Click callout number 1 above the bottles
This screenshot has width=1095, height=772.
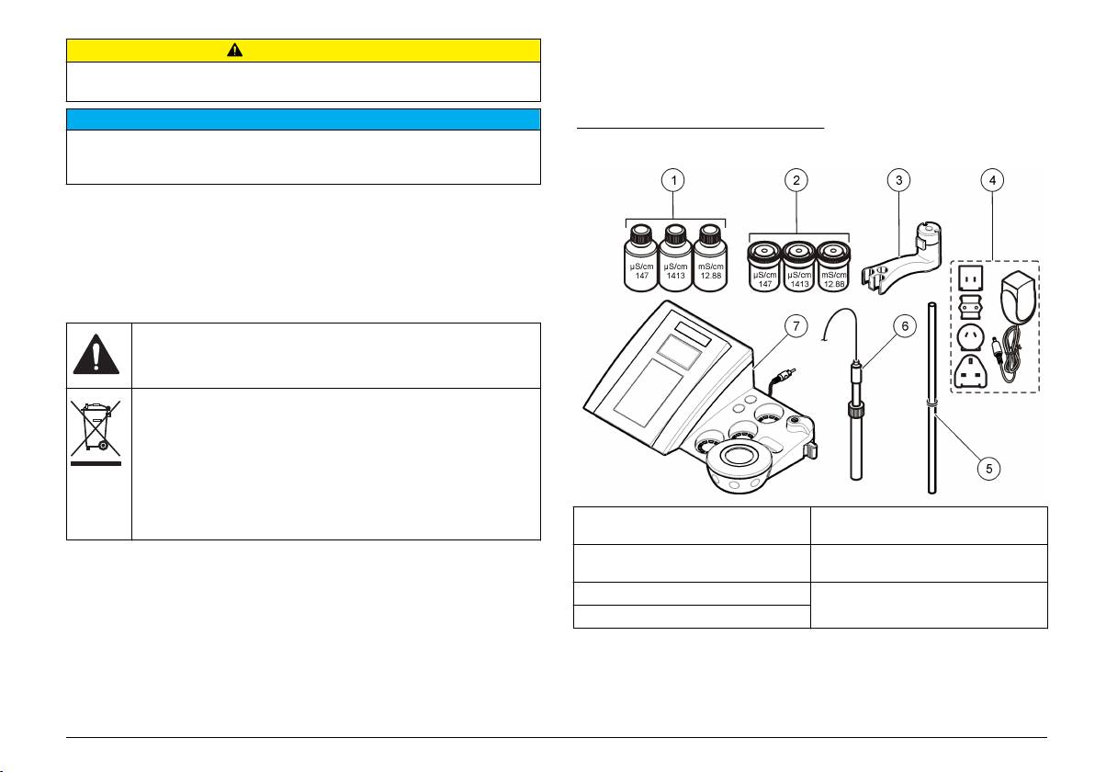click(x=673, y=180)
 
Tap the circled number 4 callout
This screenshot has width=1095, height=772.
click(x=991, y=180)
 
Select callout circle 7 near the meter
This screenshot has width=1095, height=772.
click(x=796, y=325)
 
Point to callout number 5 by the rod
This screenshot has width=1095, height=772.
click(x=988, y=468)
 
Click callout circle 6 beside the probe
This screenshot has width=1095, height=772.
click(x=905, y=325)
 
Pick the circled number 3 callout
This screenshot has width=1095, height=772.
click(x=898, y=180)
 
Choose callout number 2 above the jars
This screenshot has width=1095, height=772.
click(x=796, y=180)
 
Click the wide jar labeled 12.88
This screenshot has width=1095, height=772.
click(x=833, y=266)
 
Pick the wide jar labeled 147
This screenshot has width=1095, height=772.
click(x=764, y=266)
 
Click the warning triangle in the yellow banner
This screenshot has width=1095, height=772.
click(x=234, y=50)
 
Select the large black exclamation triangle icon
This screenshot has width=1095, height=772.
click(x=96, y=354)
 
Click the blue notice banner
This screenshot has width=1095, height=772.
click(x=304, y=119)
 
